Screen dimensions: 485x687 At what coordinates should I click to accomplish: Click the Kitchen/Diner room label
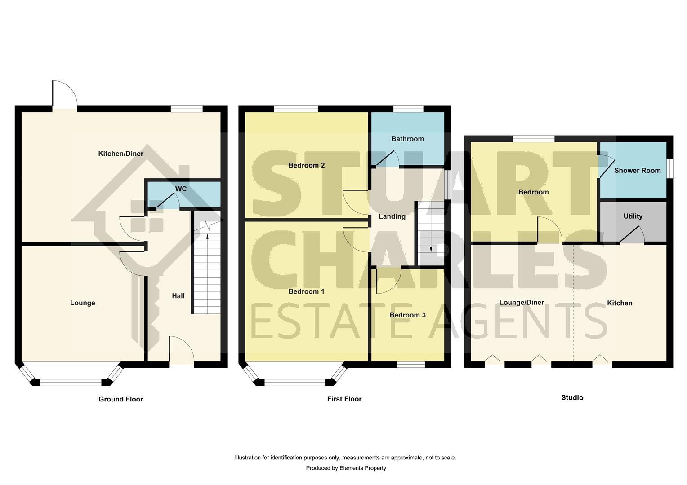120,154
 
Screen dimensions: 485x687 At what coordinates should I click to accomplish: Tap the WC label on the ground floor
181,189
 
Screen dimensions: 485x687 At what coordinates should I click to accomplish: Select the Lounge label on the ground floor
83,303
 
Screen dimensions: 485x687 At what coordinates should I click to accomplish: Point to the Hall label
178,296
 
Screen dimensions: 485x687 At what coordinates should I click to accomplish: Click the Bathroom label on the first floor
407,139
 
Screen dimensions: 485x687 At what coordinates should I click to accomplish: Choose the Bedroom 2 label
307,165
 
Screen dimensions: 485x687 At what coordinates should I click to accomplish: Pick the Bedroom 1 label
306,291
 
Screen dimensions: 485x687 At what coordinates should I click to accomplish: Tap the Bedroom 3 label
407,315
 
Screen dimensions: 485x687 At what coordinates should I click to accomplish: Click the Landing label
392,216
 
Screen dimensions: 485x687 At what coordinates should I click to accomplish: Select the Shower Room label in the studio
637,171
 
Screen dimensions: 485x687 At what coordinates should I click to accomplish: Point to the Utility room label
633,216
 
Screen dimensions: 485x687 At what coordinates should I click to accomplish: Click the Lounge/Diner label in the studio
522,303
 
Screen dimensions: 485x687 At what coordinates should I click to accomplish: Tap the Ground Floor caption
120,399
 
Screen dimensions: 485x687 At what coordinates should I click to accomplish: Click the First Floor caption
344,399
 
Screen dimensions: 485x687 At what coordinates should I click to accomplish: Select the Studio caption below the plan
572,397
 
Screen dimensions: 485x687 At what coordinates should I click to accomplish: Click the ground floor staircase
207,269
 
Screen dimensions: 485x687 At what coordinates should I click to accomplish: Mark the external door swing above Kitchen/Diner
64,95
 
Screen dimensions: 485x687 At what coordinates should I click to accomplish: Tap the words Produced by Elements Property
346,468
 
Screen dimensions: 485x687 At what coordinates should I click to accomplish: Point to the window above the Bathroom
408,109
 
